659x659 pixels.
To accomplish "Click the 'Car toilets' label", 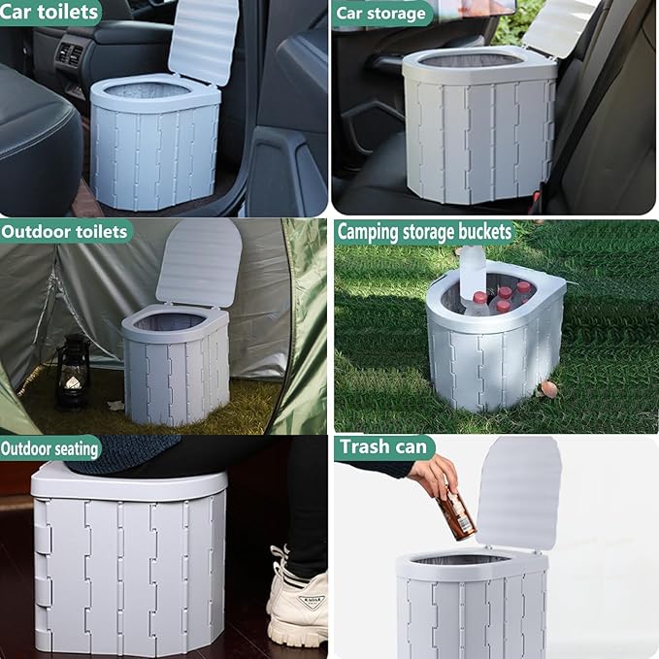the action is (x=49, y=12).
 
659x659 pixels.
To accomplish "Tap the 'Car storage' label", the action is (x=380, y=14).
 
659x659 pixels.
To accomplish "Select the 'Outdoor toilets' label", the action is (x=64, y=232).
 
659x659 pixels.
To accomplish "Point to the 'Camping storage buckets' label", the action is (x=424, y=232).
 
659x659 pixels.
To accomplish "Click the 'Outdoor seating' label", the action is (x=49, y=448).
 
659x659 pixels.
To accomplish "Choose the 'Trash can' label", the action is (x=383, y=446).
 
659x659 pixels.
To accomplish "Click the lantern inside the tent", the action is (x=72, y=372).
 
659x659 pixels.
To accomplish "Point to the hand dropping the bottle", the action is (x=434, y=477).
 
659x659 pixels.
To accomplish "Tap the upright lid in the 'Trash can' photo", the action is (x=519, y=493).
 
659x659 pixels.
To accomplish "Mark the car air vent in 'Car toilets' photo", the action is (x=71, y=55).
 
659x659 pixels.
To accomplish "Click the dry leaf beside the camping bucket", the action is (x=549, y=389).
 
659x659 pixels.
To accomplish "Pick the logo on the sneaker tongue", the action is (x=311, y=601).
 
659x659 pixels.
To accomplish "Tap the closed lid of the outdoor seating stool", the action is (x=129, y=483).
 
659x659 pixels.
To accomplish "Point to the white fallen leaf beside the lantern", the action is (x=116, y=405).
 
